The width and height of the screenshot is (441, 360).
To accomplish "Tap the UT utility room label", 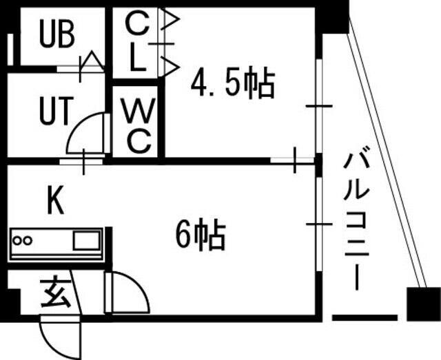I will (54, 112).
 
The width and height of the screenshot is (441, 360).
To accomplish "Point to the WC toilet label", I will (138, 125).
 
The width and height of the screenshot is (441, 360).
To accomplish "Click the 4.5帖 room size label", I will (232, 85).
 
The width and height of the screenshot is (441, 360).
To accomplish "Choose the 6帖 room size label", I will (200, 235).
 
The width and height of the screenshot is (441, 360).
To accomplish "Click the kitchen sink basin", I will (85, 242).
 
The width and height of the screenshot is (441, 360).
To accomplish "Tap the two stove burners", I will (23, 242).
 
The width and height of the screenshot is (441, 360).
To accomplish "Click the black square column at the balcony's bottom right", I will (422, 304).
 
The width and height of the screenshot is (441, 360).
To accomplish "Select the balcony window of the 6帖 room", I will (319, 224).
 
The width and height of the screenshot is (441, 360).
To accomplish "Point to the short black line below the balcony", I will (365, 318).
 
